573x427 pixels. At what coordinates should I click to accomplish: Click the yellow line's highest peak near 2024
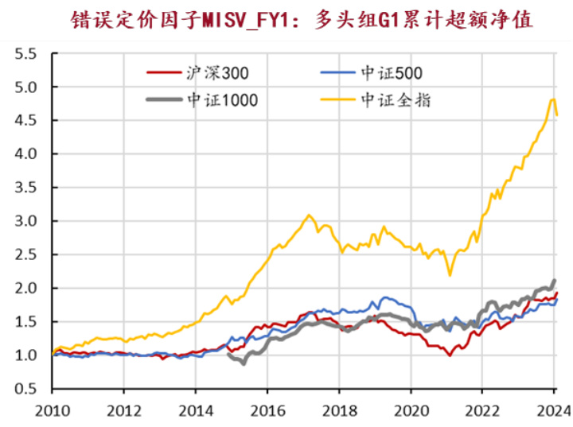tap(552, 99)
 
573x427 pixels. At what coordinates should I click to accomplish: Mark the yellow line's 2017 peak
tap(309, 215)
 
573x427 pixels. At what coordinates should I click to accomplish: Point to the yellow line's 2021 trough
tap(450, 275)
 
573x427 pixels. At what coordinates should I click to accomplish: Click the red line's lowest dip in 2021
tap(450, 355)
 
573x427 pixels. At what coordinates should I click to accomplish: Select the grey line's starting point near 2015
tap(229, 355)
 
